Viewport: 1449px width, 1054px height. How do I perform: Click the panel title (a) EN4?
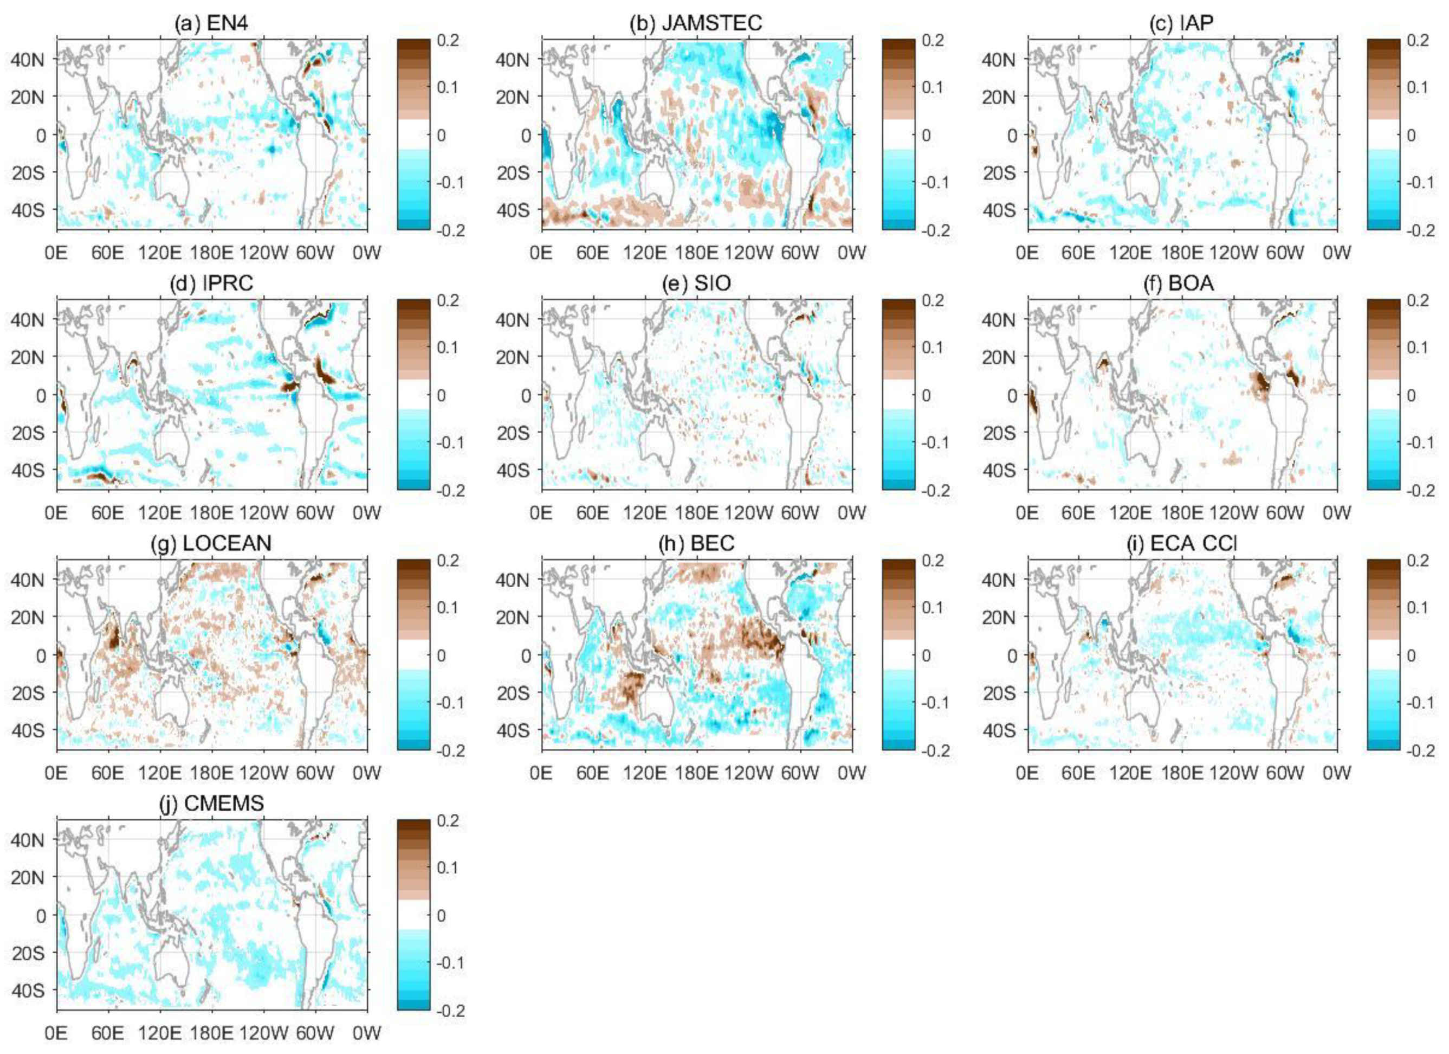(x=211, y=24)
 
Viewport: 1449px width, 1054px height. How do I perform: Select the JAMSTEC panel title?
(x=696, y=24)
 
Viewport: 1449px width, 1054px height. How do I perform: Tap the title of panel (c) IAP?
(x=1181, y=24)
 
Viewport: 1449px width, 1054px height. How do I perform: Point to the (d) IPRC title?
(x=211, y=283)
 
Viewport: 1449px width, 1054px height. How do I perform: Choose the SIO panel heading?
(x=696, y=283)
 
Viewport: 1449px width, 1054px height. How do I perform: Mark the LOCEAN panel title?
(x=211, y=543)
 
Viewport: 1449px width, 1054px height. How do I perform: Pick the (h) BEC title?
(x=696, y=543)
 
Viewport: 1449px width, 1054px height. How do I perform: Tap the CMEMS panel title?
(x=211, y=803)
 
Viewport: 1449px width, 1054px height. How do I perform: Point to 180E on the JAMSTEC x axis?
(x=696, y=253)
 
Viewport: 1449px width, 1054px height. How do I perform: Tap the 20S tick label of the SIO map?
(x=513, y=433)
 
